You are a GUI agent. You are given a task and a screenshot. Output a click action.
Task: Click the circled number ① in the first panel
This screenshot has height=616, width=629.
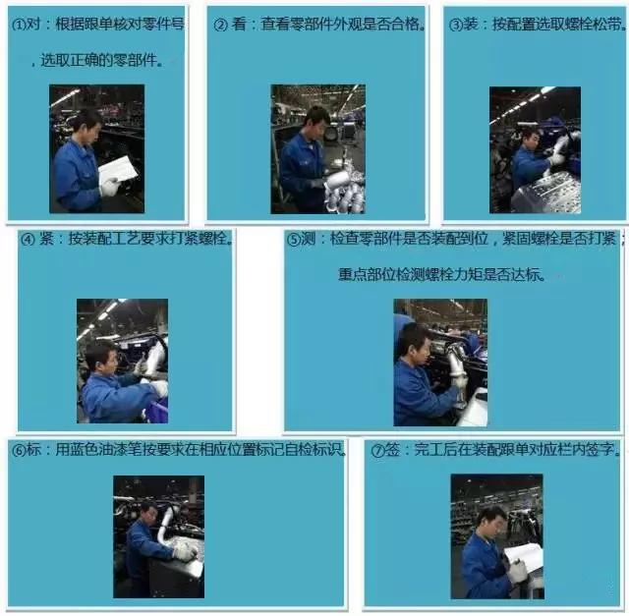19,26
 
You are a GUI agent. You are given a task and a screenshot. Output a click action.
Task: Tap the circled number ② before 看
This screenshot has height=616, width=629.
220,25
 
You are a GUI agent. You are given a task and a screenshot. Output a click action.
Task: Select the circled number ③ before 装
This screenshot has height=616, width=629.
456,25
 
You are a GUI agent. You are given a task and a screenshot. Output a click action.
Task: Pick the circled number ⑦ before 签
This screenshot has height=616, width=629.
377,451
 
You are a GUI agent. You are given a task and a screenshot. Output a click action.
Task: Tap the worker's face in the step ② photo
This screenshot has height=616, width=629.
315,122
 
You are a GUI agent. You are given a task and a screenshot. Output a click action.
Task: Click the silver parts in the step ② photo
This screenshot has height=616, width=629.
344,192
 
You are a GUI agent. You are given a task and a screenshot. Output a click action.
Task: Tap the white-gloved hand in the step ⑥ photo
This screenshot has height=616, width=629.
183,552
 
